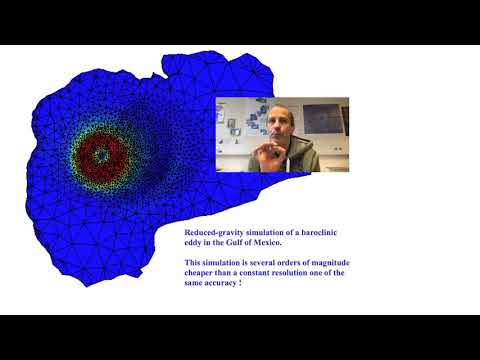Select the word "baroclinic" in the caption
(322, 233)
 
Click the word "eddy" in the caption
(192, 243)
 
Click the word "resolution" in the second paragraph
(309, 273)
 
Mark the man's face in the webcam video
(277, 128)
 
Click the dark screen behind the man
(322, 118)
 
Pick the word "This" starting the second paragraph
(193, 262)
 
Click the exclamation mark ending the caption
(241, 283)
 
